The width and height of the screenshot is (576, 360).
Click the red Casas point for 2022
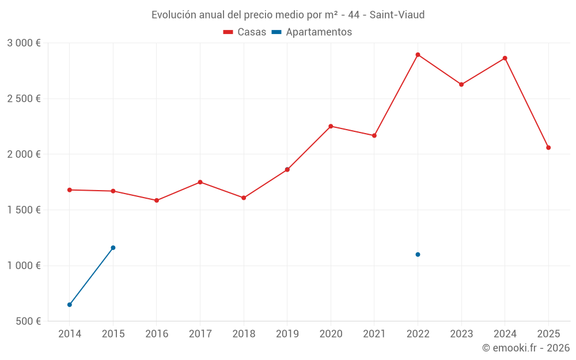[x=418, y=55]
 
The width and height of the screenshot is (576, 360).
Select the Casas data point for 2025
[x=548, y=147]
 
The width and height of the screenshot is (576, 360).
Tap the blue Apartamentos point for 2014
[x=70, y=305]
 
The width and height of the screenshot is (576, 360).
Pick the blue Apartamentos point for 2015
[x=113, y=248]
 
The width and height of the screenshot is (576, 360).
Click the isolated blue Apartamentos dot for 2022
[x=418, y=255]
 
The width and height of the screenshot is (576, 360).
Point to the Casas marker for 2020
[x=331, y=126]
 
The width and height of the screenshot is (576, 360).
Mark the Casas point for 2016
[x=157, y=200]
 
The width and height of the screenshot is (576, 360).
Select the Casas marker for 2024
[x=505, y=58]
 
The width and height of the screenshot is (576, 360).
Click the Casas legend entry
[x=245, y=32]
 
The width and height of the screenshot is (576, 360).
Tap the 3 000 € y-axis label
[x=24, y=43]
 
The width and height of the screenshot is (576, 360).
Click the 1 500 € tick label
[x=24, y=210]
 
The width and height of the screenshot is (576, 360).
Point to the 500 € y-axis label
[x=28, y=321]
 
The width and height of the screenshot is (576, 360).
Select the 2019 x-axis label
[x=287, y=334]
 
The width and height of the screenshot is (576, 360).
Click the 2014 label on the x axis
[x=70, y=334]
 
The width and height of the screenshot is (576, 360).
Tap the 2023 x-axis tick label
[x=461, y=334]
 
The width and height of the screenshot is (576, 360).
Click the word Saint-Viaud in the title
[x=397, y=15]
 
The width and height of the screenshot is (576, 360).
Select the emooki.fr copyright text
[x=526, y=348]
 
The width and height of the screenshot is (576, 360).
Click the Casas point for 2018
[x=244, y=198]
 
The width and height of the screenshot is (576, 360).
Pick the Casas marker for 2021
[x=374, y=135]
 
